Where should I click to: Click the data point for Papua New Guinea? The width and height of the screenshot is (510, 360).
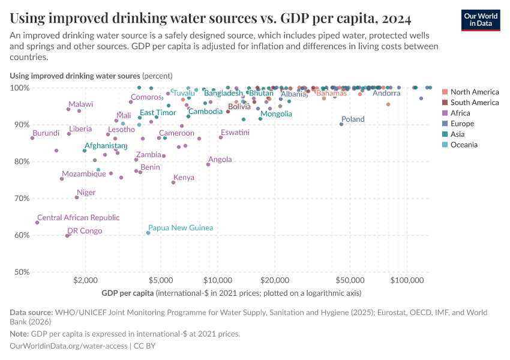pos(148,233)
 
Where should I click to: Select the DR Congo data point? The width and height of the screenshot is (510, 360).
pos(67,236)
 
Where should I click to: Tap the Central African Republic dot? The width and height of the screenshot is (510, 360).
pos(37,223)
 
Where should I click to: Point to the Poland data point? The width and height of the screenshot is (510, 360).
pos(341,124)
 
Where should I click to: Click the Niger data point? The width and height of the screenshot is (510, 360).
pos(77,197)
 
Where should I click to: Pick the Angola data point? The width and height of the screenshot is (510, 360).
pos(208,164)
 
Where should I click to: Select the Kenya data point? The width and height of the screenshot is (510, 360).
pos(173,182)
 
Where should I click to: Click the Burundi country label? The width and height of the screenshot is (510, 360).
pos(46,133)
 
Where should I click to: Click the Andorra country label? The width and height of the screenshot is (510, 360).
pos(386,93)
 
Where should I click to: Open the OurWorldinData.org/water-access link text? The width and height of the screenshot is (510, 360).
pos(68,346)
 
